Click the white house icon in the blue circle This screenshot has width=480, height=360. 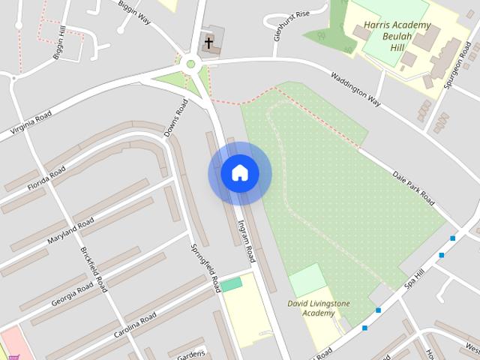[240, 173]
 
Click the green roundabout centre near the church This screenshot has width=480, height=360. [191, 64]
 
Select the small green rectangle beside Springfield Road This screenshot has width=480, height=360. [232, 284]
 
